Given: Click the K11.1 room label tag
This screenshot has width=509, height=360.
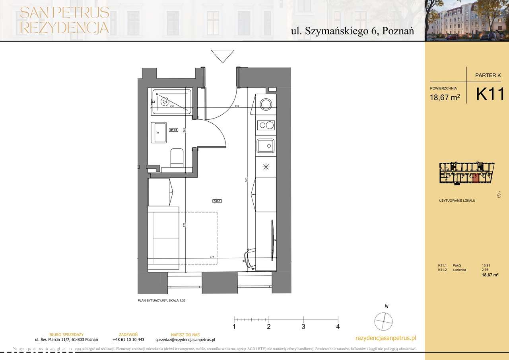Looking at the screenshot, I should coord(217,201).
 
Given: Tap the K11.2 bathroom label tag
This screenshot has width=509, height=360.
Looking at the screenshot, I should coord(173,130).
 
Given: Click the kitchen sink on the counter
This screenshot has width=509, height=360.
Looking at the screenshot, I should coord(265,146).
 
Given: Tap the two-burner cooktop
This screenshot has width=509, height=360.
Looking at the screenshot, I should coord(265,125).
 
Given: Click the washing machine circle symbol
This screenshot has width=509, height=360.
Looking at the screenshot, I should coord(265,104).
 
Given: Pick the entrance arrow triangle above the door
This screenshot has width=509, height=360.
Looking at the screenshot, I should coord(223,56).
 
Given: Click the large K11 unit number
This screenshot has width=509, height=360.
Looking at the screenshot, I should coord(490,94).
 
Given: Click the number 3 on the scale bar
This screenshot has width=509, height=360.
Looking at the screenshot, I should coord(303,327).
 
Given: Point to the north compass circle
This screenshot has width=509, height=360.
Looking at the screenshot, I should coord(384,321).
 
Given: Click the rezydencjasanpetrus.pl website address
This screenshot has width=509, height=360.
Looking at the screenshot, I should coord(385,338).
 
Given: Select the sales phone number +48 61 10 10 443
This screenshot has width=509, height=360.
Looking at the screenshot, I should coord(128,340).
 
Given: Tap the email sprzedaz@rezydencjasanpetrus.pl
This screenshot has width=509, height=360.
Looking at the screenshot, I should coord(185,340).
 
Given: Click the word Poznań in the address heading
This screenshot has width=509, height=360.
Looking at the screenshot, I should coord(398,32).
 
